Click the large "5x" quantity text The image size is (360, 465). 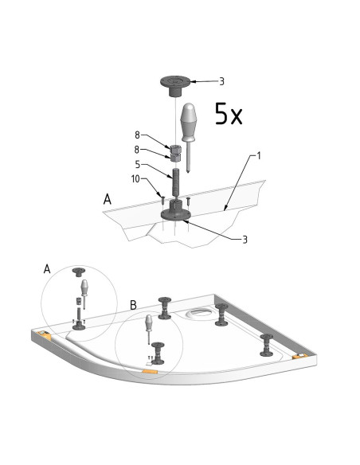pos(229,114)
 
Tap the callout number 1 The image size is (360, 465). pos(258,155)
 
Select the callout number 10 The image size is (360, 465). pos(135,179)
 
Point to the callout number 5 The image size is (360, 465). pos(138,164)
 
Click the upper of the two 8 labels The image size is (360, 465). pos(137,135)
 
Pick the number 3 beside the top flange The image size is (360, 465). pos(221,81)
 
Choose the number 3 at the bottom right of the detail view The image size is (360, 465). pos(245,240)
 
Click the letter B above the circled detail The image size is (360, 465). pos(134,305)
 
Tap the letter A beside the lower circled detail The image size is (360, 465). pos(47,269)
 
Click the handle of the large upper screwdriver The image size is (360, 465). pos(189,122)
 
